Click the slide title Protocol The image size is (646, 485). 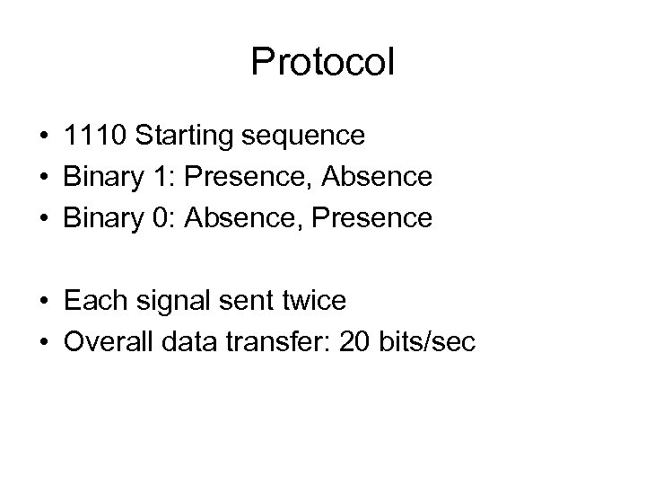click(323, 63)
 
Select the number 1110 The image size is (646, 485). click(95, 136)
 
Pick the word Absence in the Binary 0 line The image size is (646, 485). click(235, 218)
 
